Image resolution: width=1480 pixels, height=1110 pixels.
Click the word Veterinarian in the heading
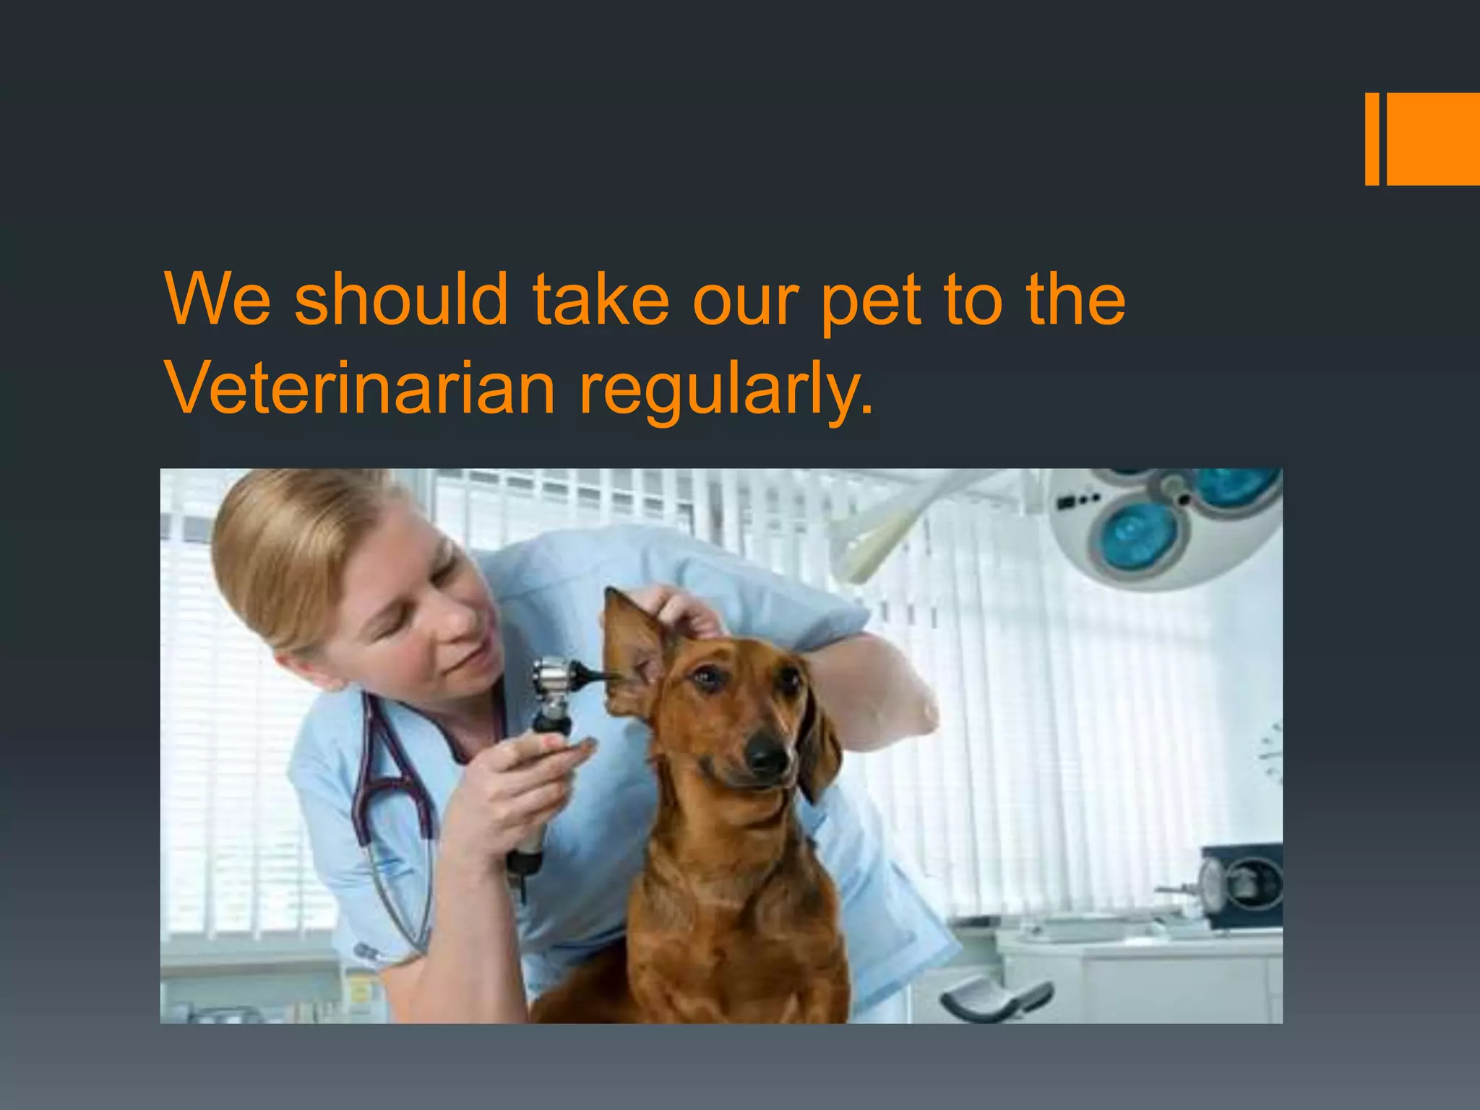coord(361,388)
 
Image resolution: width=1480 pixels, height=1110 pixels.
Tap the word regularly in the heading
coord(726,391)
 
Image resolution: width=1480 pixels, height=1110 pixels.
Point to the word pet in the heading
coord(871,301)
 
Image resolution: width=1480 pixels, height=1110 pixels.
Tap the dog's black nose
coord(767,756)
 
